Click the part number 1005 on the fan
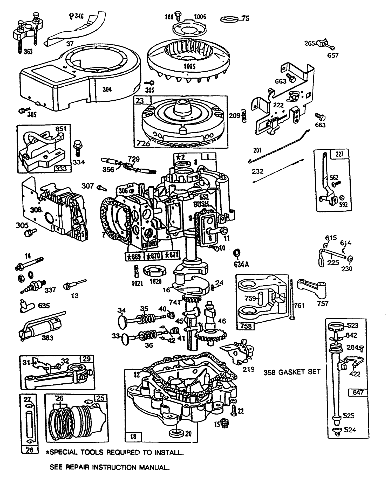[x=190, y=66]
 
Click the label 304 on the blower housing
[x=107, y=89]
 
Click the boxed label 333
[x=61, y=169]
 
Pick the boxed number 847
[x=358, y=392]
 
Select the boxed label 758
[x=246, y=326]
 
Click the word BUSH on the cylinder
[x=201, y=204]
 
